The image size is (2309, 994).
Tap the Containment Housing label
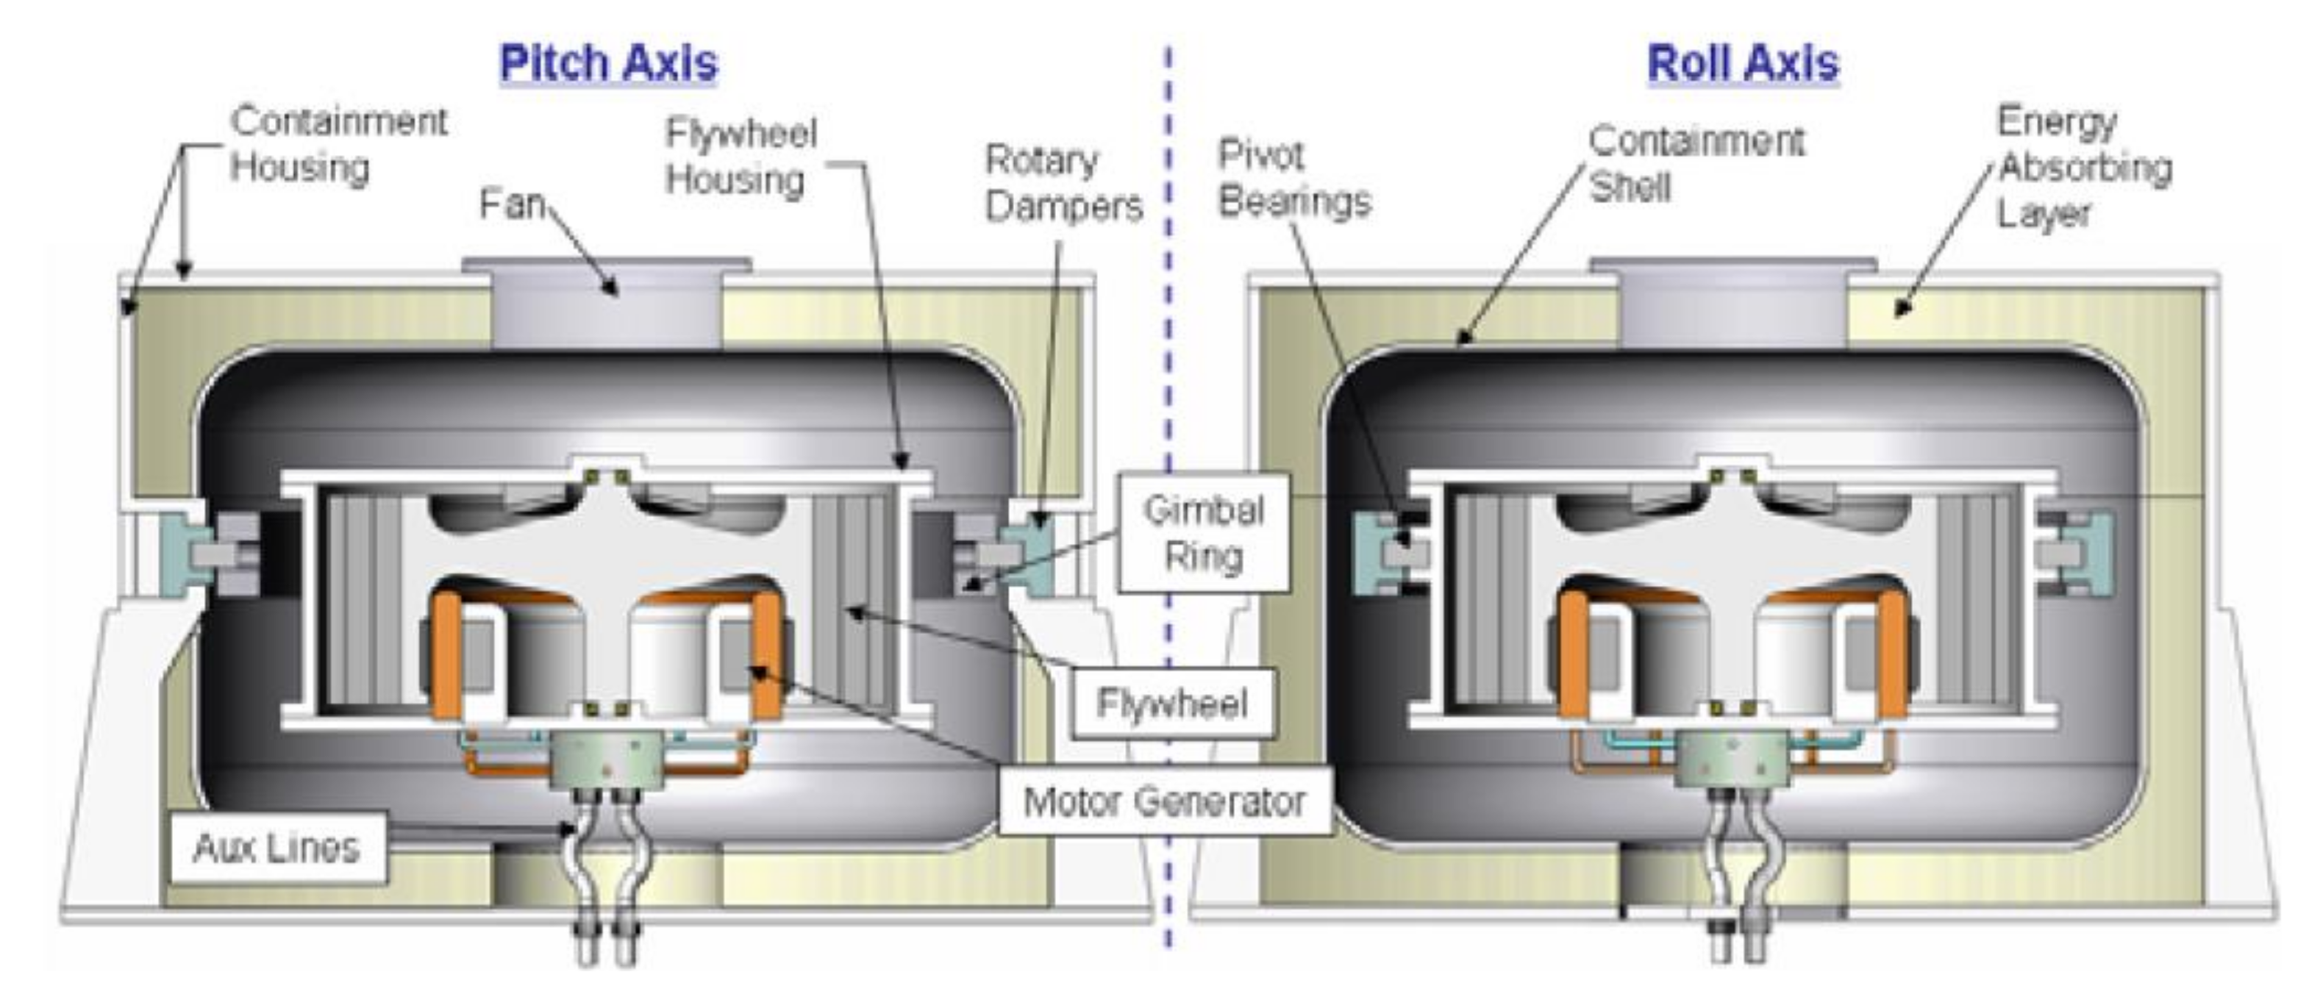[338, 144]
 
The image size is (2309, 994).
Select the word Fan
[512, 204]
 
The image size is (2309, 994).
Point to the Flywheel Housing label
[740, 157]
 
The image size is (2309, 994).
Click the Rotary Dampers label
[1063, 183]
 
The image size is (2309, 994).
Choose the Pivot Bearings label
[1294, 179]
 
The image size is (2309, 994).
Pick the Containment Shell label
[1696, 164]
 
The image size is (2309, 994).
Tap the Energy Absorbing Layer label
[2083, 168]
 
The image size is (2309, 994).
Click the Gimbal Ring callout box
[1204, 533]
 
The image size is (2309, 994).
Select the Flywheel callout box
[1171, 704]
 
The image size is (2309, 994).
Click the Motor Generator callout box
[1163, 801]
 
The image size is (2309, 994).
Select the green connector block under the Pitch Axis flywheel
[607, 758]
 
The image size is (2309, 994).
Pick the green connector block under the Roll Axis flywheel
[1732, 758]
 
